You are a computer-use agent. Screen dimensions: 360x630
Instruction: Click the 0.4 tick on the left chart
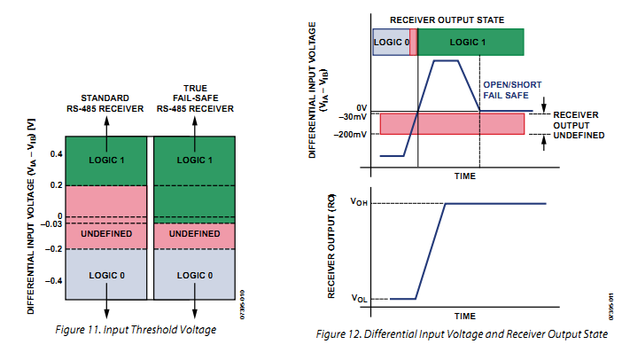(x=57, y=153)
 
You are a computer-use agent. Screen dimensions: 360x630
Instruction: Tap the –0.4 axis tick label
(x=55, y=280)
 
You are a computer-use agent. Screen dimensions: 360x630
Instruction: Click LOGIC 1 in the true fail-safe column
(x=195, y=160)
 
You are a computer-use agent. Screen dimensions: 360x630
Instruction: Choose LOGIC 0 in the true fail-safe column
(x=195, y=275)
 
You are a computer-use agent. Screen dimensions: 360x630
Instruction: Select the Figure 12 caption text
(x=462, y=334)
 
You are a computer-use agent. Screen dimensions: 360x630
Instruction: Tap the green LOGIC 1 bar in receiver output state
(x=469, y=42)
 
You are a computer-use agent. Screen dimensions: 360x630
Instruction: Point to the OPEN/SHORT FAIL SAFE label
(x=507, y=90)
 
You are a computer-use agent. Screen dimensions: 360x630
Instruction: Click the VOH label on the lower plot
(x=358, y=203)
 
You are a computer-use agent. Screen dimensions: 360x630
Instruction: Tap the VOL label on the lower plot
(x=358, y=299)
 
